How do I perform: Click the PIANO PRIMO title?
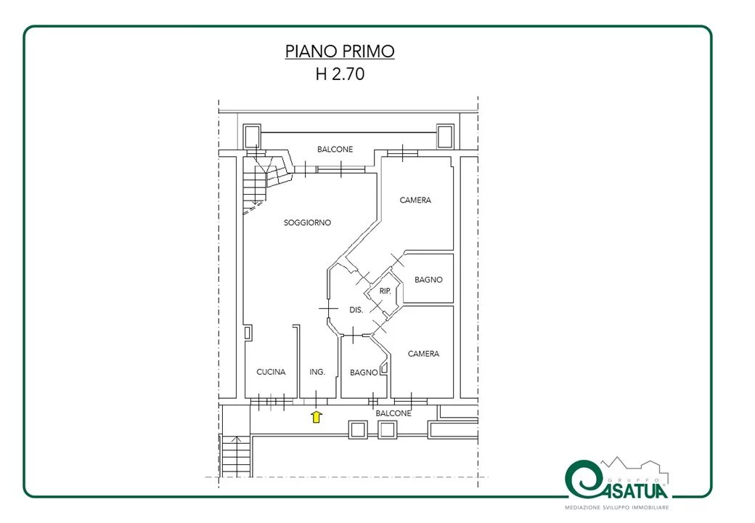340,51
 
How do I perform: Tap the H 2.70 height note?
340,73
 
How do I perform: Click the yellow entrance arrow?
316,416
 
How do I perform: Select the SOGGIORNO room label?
307,222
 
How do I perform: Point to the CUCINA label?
271,372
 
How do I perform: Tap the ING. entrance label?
317,372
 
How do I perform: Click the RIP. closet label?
385,291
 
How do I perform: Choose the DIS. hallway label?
356,309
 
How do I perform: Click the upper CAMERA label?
415,200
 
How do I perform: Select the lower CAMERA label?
423,354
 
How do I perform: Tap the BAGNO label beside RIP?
428,280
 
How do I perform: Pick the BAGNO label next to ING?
364,372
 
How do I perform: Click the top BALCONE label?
335,150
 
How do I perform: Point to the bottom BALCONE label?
393,413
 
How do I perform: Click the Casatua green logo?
617,480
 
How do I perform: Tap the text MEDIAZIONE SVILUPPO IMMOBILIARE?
617,507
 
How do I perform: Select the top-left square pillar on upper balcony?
252,137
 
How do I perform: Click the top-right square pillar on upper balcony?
445,137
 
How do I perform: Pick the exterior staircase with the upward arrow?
235,455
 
